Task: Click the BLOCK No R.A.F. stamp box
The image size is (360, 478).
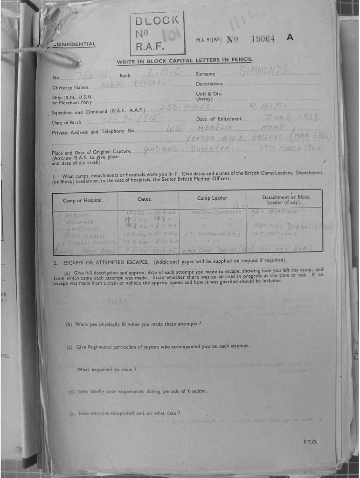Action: click(157, 33)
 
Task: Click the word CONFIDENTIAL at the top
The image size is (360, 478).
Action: click(75, 44)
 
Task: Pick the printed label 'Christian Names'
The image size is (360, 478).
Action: click(70, 87)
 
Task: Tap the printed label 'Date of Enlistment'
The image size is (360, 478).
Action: click(219, 119)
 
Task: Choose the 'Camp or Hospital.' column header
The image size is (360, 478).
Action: click(83, 200)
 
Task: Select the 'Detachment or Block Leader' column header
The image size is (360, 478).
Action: click(285, 199)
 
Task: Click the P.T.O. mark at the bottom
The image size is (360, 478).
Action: click(310, 442)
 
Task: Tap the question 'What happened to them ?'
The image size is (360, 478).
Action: click(106, 369)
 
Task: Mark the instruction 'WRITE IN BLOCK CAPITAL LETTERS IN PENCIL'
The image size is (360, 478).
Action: click(184, 61)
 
